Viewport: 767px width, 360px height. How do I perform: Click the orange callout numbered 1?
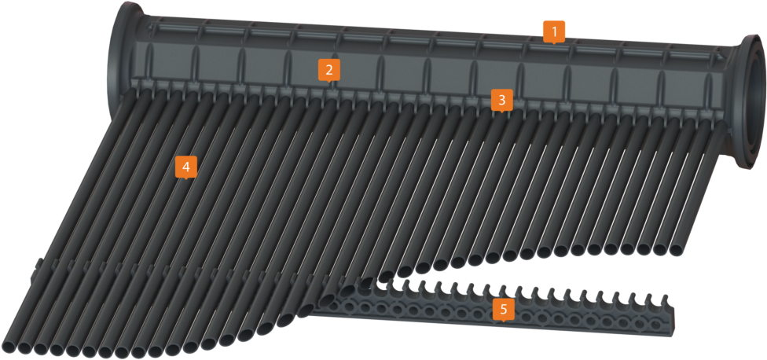tap(554, 32)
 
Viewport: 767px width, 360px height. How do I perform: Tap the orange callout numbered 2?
tap(329, 69)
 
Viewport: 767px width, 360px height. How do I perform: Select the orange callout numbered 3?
tap(502, 100)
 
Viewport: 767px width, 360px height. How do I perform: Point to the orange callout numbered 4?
tap(185, 167)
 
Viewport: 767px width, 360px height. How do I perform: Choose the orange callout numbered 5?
tap(503, 309)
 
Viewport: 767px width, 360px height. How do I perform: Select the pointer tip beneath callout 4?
tap(185, 179)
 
